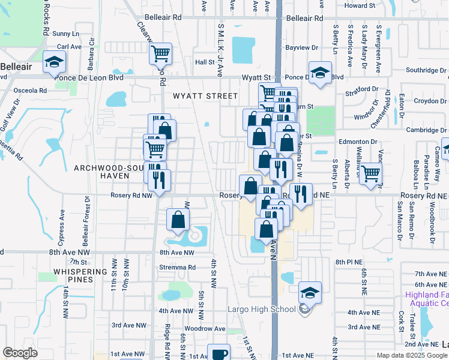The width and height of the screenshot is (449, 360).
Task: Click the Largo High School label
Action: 261,309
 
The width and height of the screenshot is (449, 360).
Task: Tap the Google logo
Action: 20,353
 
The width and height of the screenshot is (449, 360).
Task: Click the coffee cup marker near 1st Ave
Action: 218,353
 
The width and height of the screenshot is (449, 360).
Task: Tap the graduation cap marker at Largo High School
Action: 310,293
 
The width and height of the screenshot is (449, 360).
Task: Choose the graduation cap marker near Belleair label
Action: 54,61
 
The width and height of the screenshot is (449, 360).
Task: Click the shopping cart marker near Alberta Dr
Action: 370,175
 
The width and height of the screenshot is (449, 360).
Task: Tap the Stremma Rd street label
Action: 178,268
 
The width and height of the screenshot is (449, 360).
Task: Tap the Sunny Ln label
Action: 65,34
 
